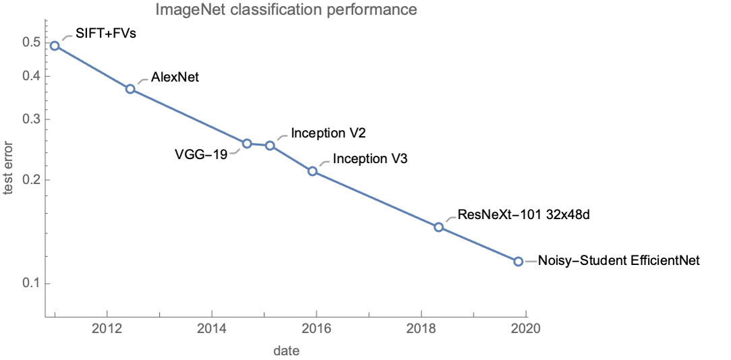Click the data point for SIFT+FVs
tap(55, 46)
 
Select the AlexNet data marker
tap(130, 88)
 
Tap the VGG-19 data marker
tap(247, 144)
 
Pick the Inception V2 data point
tap(270, 146)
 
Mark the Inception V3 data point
tap(312, 171)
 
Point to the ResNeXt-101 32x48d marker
tap(438, 227)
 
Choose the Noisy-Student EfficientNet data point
tap(518, 262)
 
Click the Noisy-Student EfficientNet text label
tap(618, 261)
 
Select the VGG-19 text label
tap(200, 153)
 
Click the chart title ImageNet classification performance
tap(286, 10)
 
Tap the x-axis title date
tap(286, 351)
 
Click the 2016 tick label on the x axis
tap(316, 329)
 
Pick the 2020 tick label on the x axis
tap(526, 329)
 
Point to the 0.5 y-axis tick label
tap(31, 42)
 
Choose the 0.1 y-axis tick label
tap(31, 283)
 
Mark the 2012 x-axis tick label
tap(107, 329)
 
